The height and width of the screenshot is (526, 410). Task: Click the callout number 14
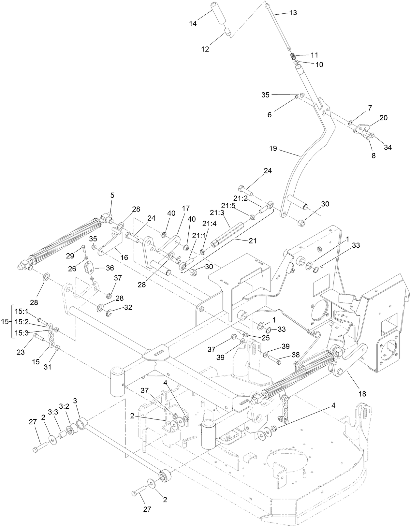click(x=193, y=23)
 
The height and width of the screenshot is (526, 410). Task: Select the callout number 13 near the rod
click(x=293, y=13)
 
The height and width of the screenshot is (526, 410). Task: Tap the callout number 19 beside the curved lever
click(x=273, y=148)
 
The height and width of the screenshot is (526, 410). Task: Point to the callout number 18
click(x=362, y=394)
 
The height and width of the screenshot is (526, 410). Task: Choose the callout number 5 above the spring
click(x=112, y=195)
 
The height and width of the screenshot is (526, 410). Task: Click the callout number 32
click(x=128, y=307)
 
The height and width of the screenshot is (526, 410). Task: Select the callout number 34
click(x=388, y=147)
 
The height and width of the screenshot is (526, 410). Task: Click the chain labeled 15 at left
click(x=51, y=339)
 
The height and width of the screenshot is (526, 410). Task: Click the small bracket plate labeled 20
click(x=362, y=129)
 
